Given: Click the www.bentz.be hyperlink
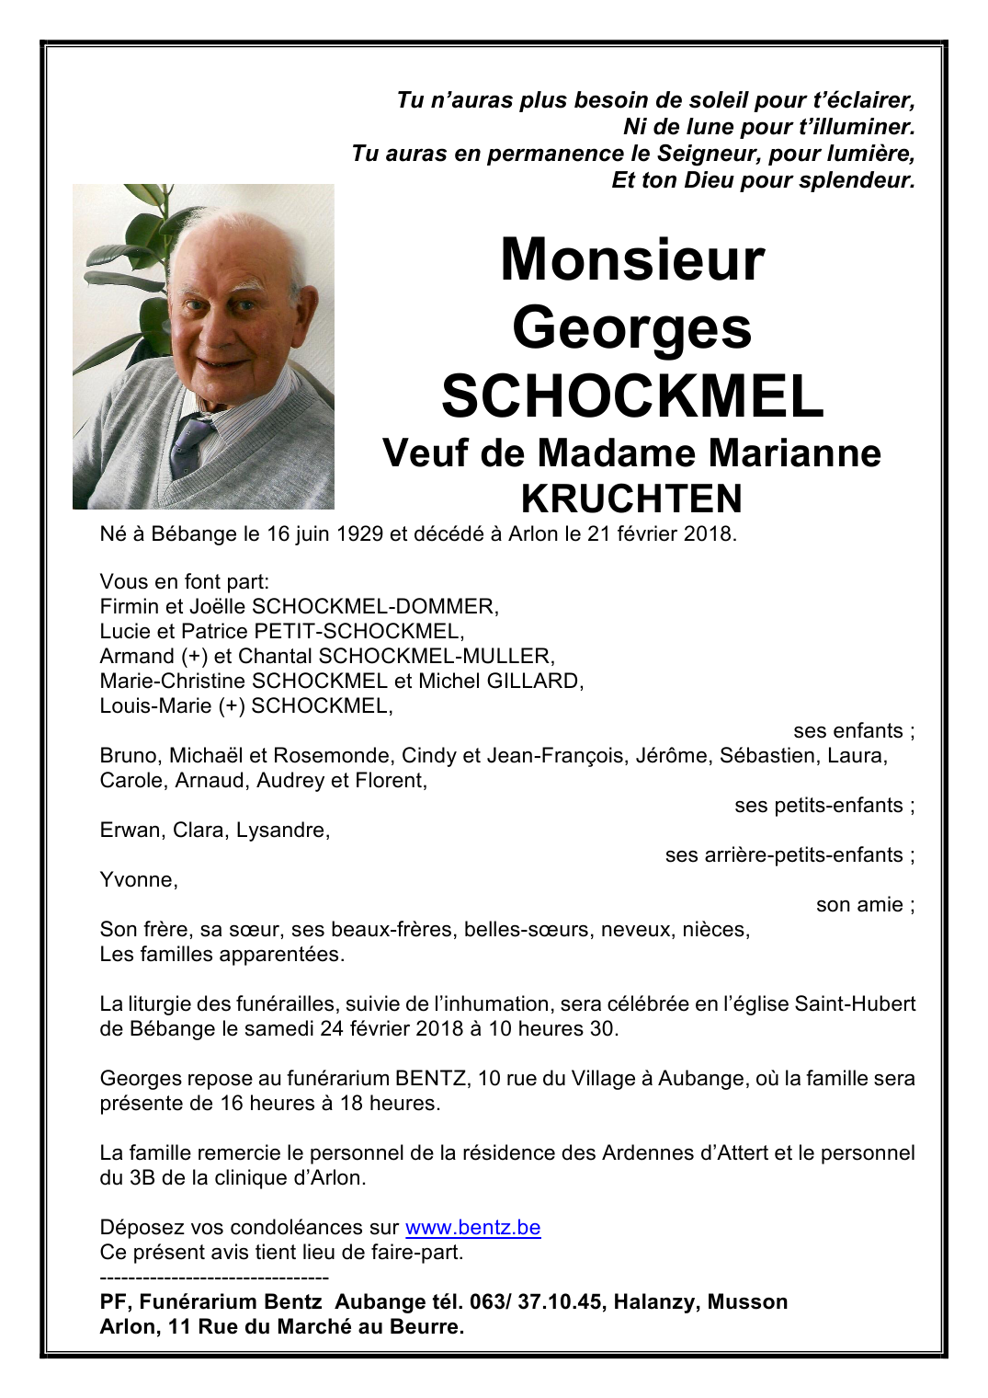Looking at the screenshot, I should pos(472,1227).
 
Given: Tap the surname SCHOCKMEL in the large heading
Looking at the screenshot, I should pos(632,395).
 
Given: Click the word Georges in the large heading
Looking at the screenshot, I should pos(632,328).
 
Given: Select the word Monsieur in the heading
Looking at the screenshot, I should pos(632,259).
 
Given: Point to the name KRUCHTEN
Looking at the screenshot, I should pos(631,498).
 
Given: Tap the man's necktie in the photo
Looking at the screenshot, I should pos(190,441).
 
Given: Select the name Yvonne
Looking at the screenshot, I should pos(138,879).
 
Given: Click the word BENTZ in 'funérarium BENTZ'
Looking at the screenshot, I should pos(430,1078).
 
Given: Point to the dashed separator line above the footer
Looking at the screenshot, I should pos(214,1278).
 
